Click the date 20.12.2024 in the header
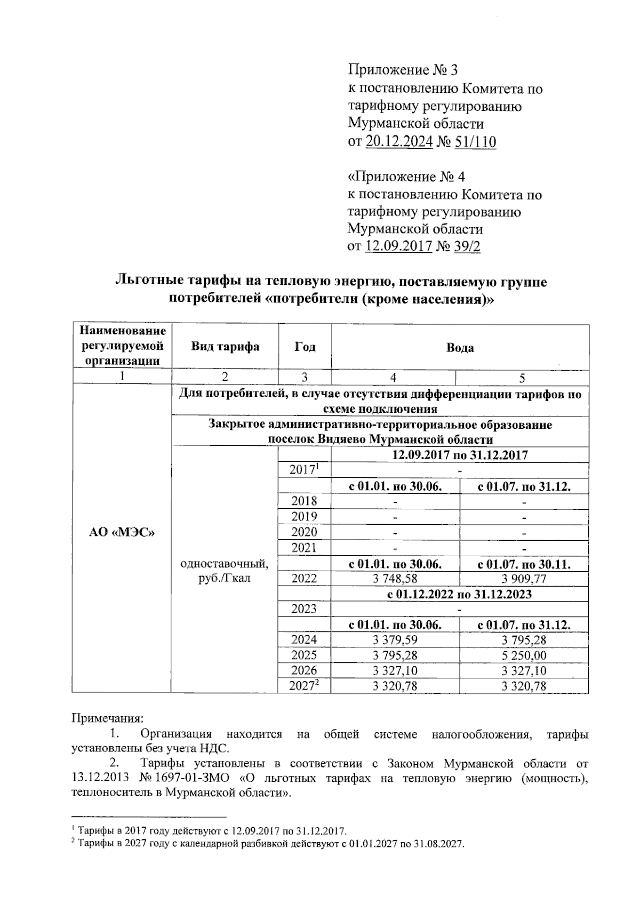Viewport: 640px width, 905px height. click(398, 142)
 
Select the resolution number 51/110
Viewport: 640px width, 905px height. click(475, 142)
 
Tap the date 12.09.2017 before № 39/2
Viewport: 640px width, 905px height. click(398, 247)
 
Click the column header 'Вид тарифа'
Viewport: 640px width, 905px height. click(225, 347)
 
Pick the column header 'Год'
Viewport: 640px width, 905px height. click(305, 347)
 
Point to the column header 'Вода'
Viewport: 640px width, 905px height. click(460, 348)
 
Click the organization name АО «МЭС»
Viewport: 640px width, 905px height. click(122, 532)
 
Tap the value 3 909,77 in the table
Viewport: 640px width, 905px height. click(524, 579)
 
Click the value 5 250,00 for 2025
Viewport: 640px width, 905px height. click(524, 655)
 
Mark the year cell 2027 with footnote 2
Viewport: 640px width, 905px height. click(303, 686)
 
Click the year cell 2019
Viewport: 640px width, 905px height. click(304, 516)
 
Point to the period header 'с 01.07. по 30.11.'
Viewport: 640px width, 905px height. click(524, 564)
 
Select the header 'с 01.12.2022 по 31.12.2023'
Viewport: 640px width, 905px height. click(459, 594)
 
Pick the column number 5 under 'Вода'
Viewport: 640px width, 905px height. click(522, 378)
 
